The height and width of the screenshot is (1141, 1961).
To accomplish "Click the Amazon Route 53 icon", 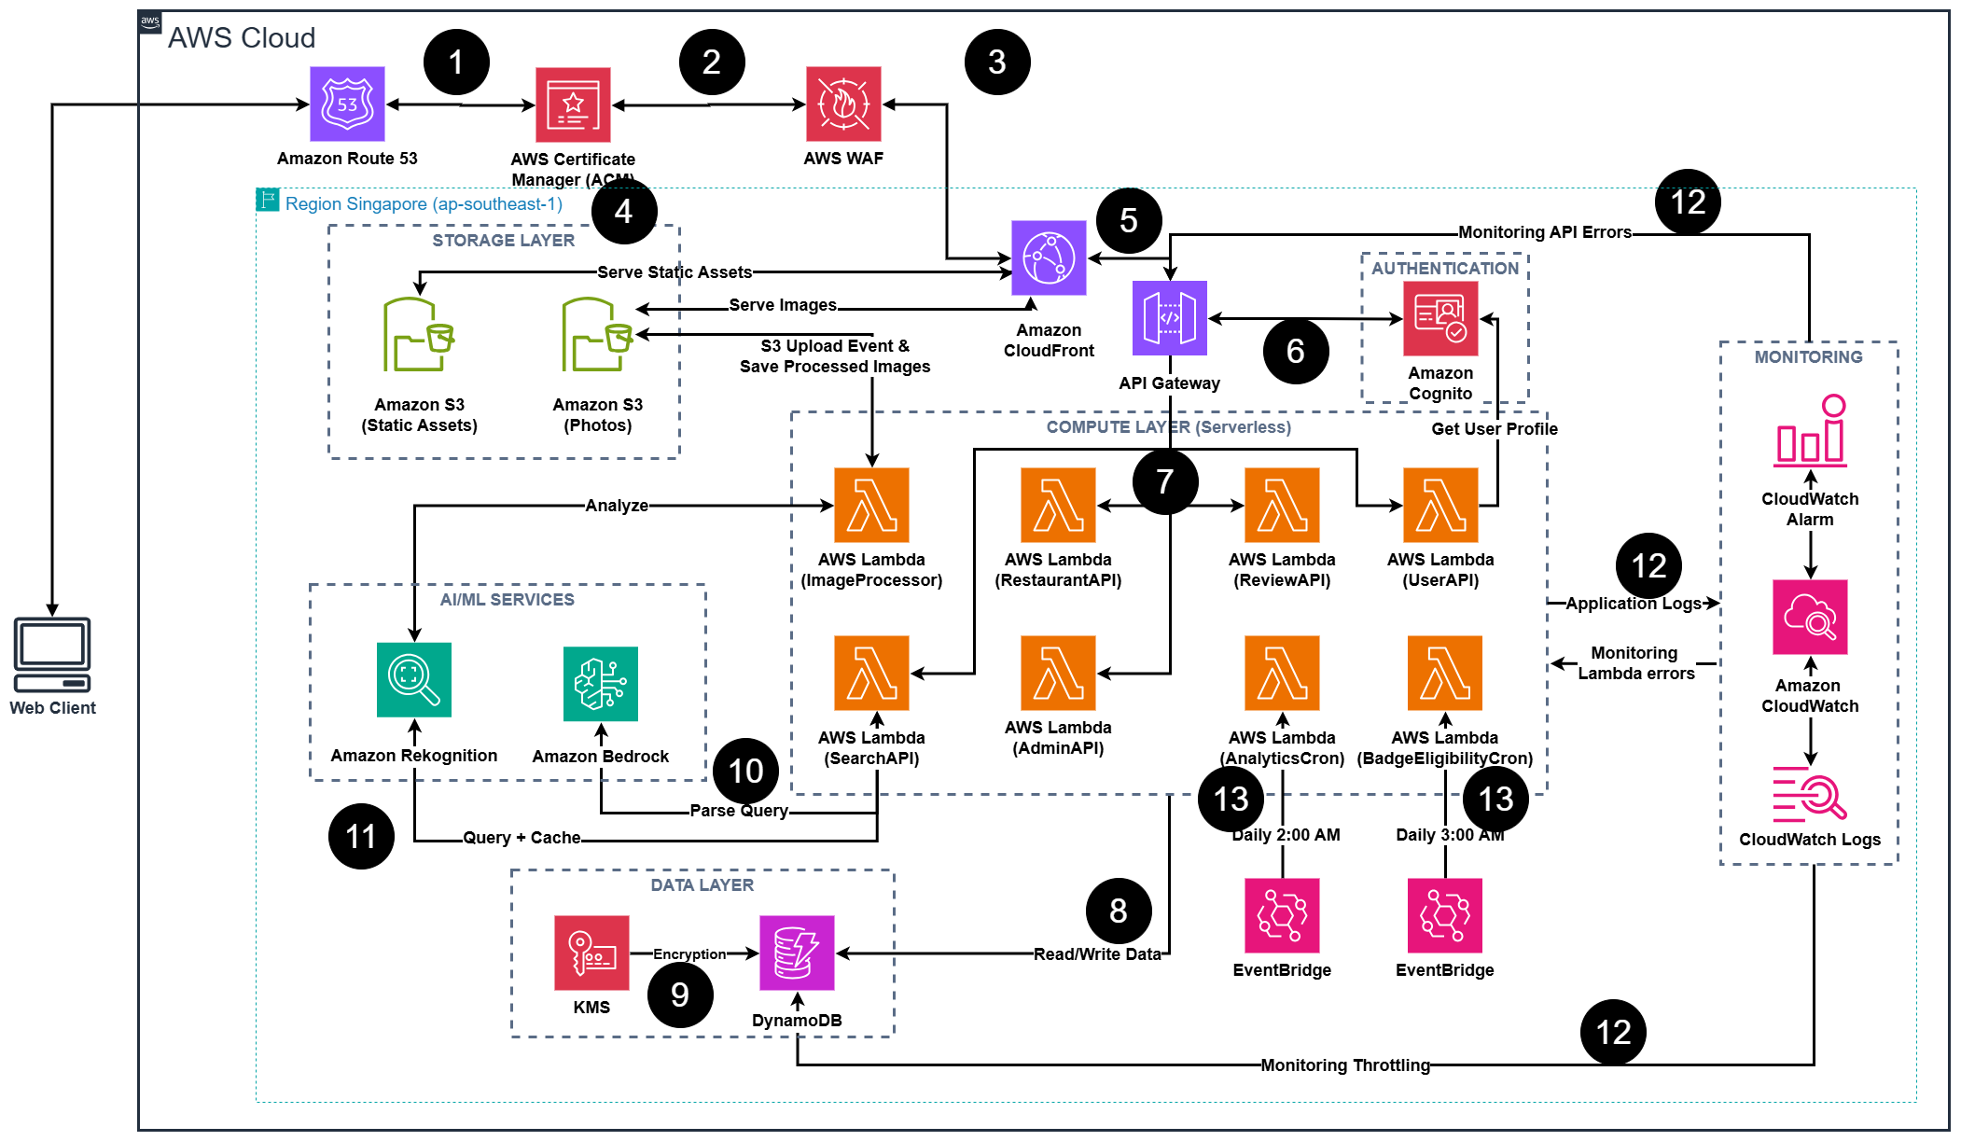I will click(x=347, y=104).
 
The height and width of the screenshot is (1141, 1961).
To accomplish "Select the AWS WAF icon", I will click(x=843, y=104).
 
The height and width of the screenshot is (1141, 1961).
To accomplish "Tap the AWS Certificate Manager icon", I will click(x=573, y=104).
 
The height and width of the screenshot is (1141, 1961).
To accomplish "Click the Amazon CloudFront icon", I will click(x=1049, y=257).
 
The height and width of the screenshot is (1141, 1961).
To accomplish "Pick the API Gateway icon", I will click(x=1169, y=318).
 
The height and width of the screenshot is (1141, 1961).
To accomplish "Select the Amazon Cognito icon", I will click(x=1440, y=318).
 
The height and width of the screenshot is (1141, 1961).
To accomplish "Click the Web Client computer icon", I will click(x=52, y=654).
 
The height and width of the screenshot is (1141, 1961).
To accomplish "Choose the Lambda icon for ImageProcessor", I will click(x=871, y=505).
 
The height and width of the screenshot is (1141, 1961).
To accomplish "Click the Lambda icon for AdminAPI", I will click(x=1058, y=673).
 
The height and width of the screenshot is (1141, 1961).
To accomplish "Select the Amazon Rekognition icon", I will click(x=414, y=679).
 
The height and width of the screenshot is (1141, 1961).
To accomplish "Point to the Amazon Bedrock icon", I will click(x=601, y=684).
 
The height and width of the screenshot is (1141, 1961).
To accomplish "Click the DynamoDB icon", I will click(x=797, y=953).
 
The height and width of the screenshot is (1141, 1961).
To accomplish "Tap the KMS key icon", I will click(x=591, y=953).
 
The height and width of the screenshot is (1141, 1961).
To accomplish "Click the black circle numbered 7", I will click(x=1165, y=481).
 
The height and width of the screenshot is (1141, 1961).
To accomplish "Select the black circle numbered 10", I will click(x=745, y=771).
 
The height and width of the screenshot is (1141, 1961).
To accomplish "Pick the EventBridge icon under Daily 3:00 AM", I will click(x=1444, y=915).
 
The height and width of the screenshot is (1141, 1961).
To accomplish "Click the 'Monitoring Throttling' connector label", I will click(x=1344, y=1064).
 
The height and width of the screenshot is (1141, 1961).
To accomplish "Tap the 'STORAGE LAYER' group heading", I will click(x=503, y=241).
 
